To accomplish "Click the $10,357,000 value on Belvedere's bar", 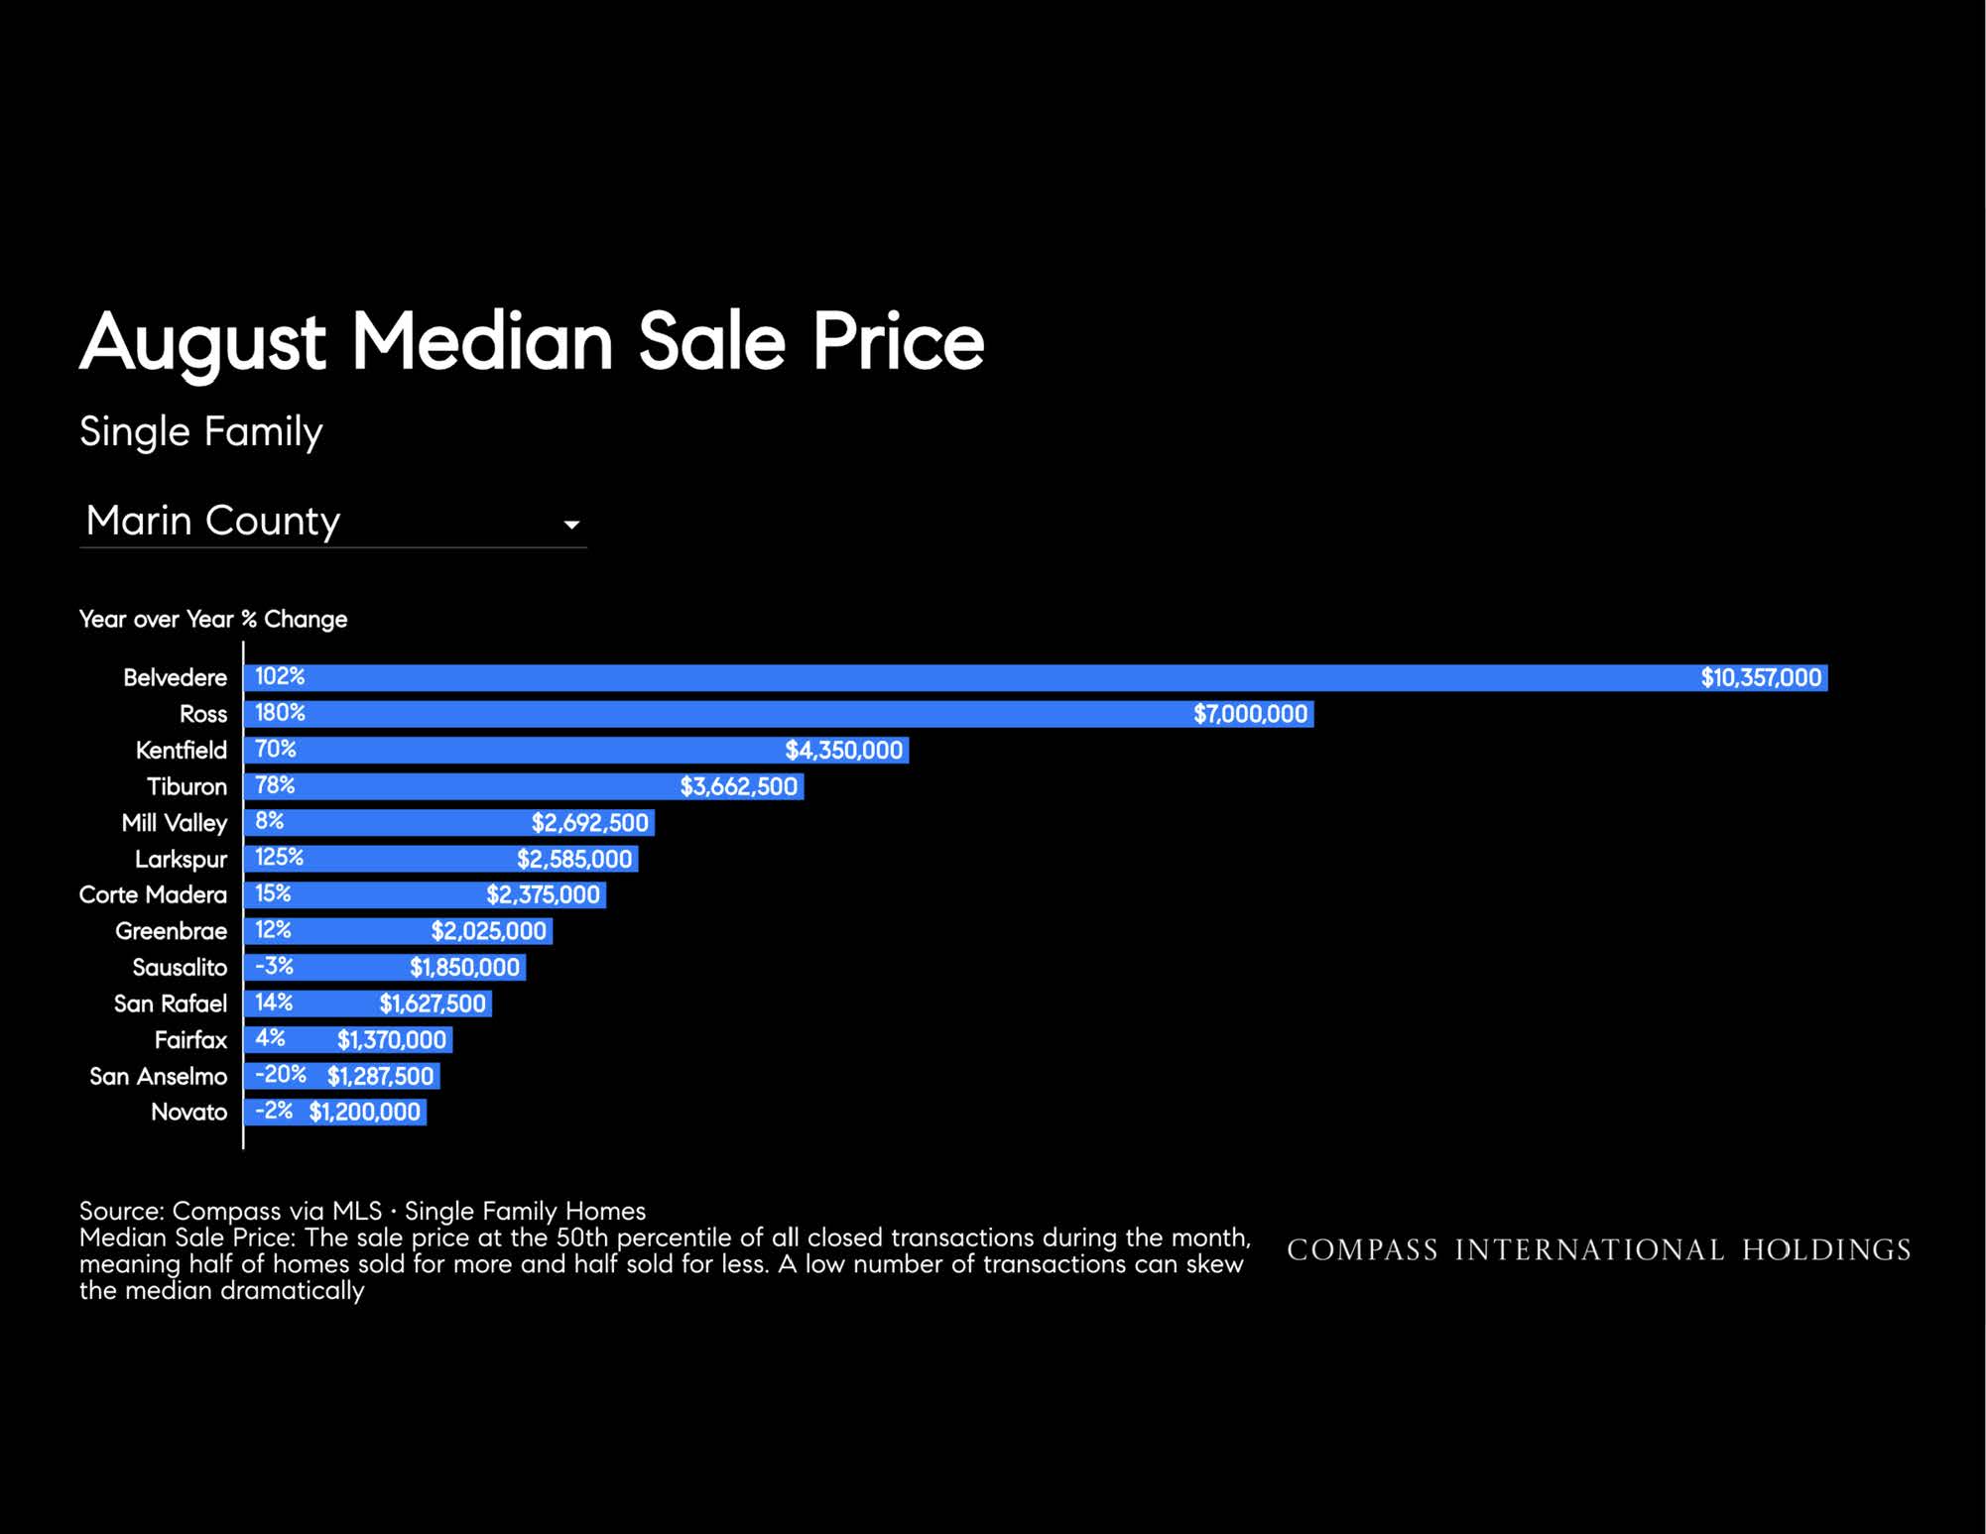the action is tap(1761, 677).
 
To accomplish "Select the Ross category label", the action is tap(203, 714).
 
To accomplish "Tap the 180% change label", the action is tap(280, 713).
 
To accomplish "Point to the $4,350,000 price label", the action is tap(844, 750).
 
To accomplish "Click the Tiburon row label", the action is tap(186, 786).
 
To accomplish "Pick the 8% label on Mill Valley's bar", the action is tap(269, 821).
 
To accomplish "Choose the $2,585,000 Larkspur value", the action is tap(574, 859).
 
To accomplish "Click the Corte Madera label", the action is tap(153, 894).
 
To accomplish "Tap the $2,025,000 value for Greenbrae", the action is tap(488, 931).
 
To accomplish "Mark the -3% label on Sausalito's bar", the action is tap(274, 966).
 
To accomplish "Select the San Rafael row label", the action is tap(171, 1003).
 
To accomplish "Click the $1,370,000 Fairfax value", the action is tap(392, 1039).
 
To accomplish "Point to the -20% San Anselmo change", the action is tap(281, 1075).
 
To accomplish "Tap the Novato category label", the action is tap(189, 1112).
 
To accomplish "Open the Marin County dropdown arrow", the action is tap(571, 525).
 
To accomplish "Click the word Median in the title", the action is tap(482, 341).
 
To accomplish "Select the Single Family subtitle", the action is tap(201, 432).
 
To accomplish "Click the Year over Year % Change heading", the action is tap(213, 619).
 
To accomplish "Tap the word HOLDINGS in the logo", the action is tap(1827, 1249).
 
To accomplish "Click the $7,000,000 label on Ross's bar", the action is tap(1250, 714).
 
